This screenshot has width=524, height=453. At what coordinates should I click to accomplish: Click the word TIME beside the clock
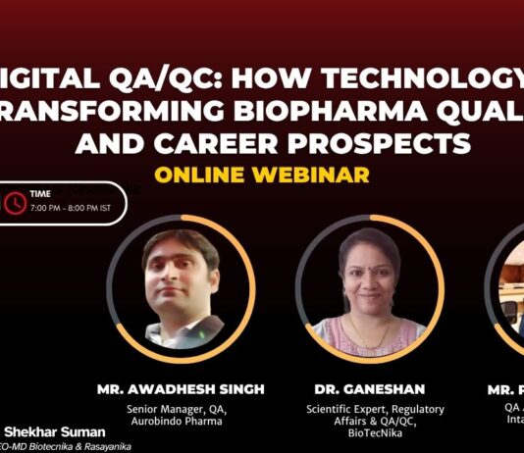(41, 195)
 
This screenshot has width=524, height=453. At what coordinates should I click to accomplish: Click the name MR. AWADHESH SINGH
(181, 389)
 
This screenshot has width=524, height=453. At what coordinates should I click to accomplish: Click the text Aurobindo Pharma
(181, 420)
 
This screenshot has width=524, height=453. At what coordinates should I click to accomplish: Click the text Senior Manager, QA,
(181, 408)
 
